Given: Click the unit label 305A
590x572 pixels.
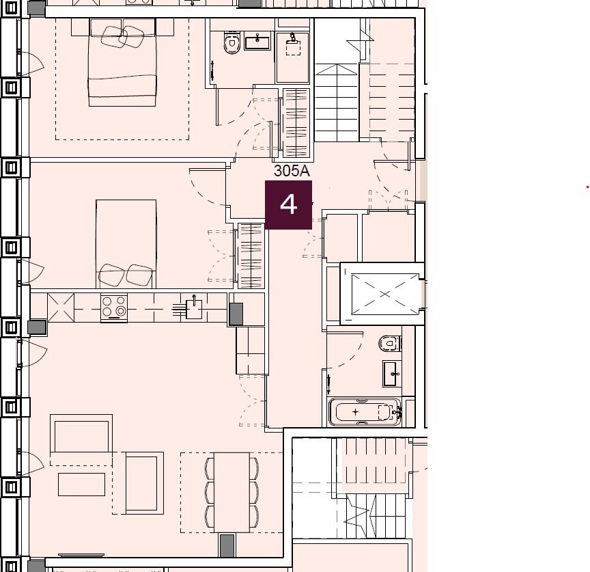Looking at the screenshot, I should click(x=292, y=171).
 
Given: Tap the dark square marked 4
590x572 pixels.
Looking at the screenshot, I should click(x=288, y=204).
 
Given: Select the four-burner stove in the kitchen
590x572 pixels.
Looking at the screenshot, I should click(x=114, y=307).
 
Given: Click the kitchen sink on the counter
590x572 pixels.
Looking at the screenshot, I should click(x=193, y=309).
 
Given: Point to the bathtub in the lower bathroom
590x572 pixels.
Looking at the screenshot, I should click(x=366, y=412).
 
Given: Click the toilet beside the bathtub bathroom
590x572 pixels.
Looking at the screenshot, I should click(x=389, y=343).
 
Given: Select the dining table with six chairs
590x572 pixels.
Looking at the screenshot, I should click(x=231, y=491).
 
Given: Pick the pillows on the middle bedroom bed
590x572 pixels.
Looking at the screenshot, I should click(x=126, y=275).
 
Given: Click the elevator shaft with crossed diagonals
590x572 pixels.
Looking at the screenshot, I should click(x=384, y=294).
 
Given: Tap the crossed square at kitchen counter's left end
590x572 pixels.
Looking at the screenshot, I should click(x=60, y=307).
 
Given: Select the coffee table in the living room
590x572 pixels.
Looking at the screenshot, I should click(x=81, y=484).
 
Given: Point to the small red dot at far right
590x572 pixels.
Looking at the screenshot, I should click(x=587, y=187).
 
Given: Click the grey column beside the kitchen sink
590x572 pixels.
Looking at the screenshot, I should click(x=236, y=314).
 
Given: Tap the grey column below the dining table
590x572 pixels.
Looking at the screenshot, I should click(x=227, y=545).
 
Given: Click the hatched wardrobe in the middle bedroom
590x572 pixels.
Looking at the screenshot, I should click(x=250, y=256).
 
